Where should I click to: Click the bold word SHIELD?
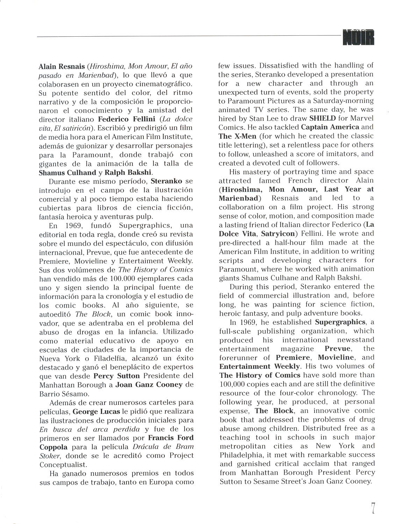tap(322, 118)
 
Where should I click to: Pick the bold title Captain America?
tap(330, 127)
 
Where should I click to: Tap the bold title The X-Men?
tap(237, 136)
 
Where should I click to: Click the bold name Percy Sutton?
tap(116, 376)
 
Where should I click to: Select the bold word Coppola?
tap(53, 447)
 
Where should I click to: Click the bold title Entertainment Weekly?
tap(260, 366)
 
